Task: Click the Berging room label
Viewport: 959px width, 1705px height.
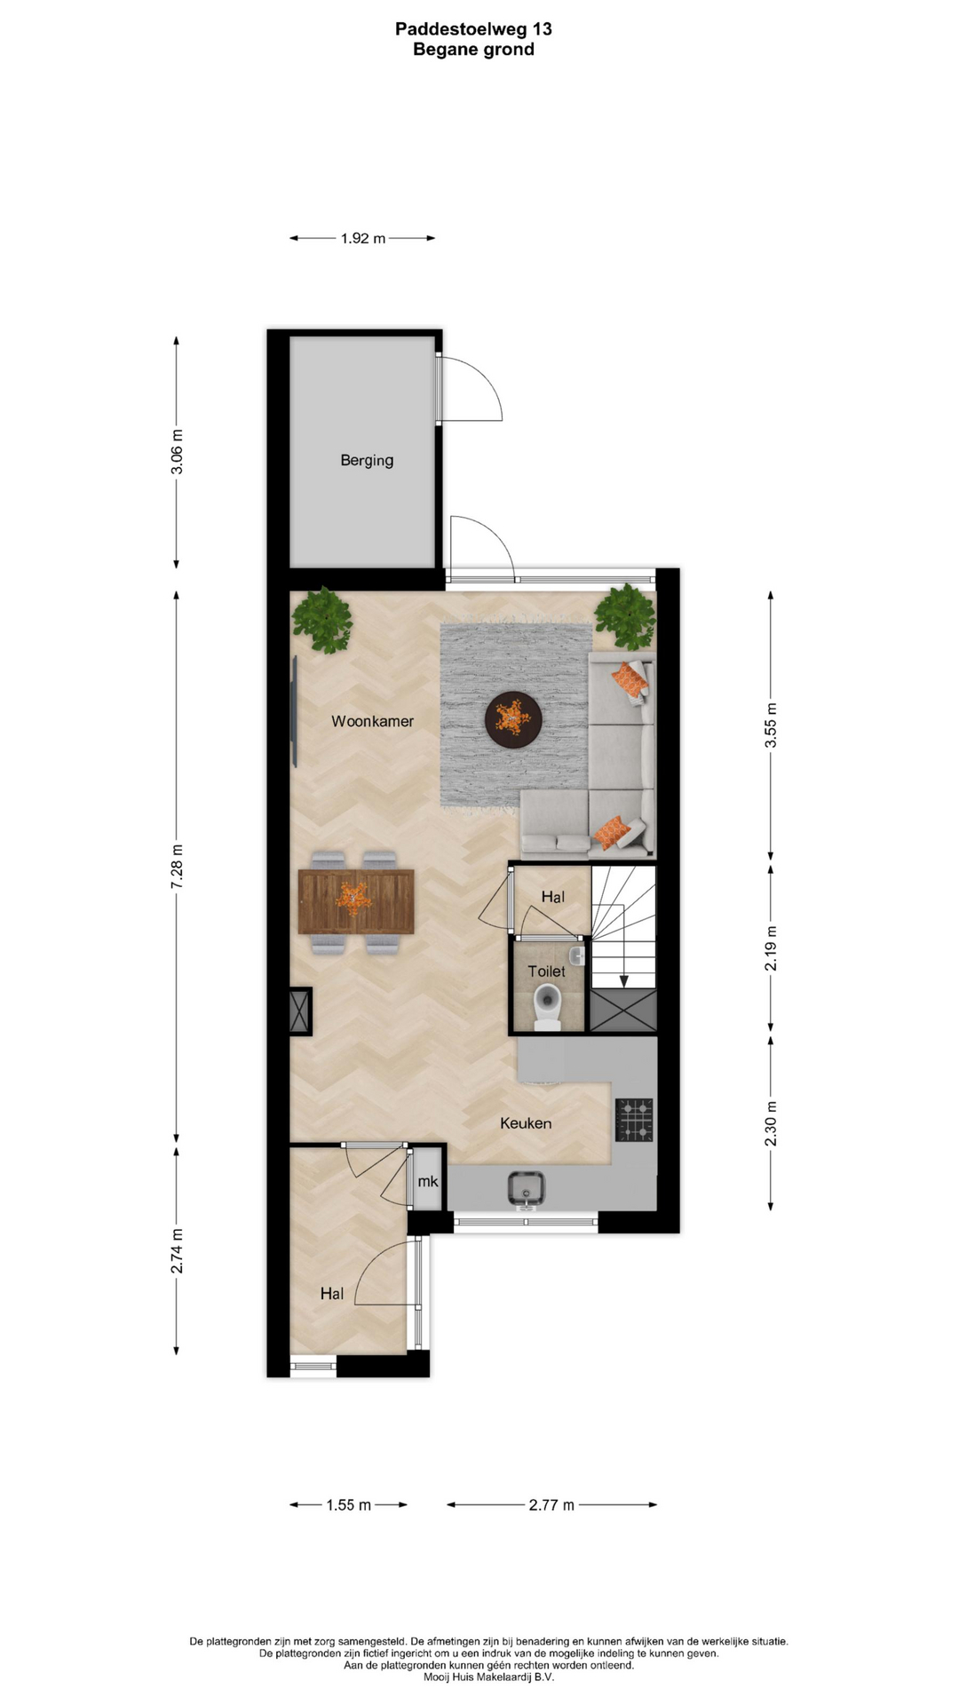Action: [367, 460]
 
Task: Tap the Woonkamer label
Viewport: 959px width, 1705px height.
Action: [372, 721]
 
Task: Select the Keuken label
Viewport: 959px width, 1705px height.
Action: [526, 1123]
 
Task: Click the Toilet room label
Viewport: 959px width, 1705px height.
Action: [546, 971]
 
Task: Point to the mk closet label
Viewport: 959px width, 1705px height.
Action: [428, 1181]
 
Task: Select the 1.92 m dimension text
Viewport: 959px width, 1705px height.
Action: [363, 238]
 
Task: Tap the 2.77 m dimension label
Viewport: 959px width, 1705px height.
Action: [551, 1504]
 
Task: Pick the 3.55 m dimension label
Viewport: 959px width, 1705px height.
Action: [771, 726]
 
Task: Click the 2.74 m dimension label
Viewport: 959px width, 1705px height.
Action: [177, 1251]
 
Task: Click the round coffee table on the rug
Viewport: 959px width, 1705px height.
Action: [513, 718]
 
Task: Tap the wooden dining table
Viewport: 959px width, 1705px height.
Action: [356, 901]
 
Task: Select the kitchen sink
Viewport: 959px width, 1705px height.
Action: [526, 1188]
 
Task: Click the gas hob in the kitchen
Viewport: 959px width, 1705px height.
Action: [635, 1119]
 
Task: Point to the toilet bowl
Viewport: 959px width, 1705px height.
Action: [548, 1007]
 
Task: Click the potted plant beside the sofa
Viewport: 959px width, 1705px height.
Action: [626, 615]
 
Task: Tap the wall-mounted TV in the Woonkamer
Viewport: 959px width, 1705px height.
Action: [294, 711]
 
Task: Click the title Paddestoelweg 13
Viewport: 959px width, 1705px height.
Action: [473, 29]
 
